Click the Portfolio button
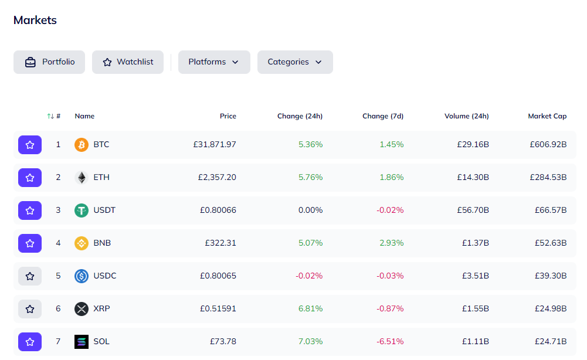49,62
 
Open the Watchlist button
128,62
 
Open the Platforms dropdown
214,62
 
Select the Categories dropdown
295,62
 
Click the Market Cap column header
547,116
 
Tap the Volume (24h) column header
466,116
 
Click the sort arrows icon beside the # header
50,116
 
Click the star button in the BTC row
30,145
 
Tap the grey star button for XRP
30,309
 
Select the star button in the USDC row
30,276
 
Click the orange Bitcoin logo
82,144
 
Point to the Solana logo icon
82,342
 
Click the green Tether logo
82,210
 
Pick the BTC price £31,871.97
215,144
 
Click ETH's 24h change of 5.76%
310,178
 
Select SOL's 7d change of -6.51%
390,341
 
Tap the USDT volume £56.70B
473,210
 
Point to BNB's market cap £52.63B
551,243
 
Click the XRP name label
101,308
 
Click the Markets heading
35,20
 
